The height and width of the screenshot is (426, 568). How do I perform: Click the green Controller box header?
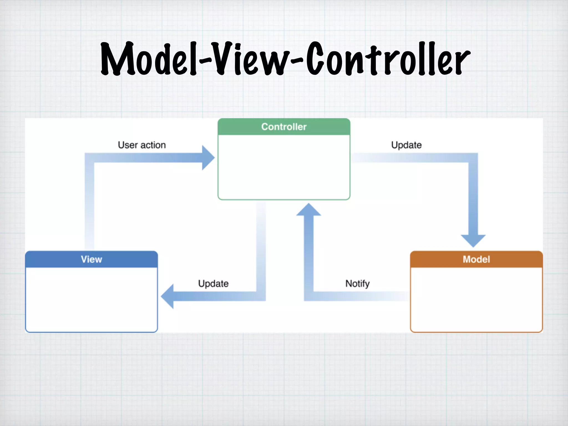pos(284,127)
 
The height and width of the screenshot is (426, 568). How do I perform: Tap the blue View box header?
pos(91,259)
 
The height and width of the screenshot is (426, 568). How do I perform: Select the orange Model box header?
pos(476,259)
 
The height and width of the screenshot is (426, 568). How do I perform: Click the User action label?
pos(142,145)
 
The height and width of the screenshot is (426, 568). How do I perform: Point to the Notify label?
pos(357,283)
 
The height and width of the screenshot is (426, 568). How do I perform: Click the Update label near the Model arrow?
pos(406,145)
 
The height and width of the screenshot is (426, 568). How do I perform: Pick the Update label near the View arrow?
pos(213,283)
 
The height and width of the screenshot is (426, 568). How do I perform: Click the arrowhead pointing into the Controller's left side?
pos(208,158)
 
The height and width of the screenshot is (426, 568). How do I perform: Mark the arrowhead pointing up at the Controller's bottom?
pos(309,210)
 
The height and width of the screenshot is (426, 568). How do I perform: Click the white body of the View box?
pos(91,300)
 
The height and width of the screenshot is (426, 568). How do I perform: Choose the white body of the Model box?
pos(476,300)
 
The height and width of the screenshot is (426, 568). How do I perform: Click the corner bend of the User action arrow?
pos(89,158)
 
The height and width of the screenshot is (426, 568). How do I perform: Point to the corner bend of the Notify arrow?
pos(309,296)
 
